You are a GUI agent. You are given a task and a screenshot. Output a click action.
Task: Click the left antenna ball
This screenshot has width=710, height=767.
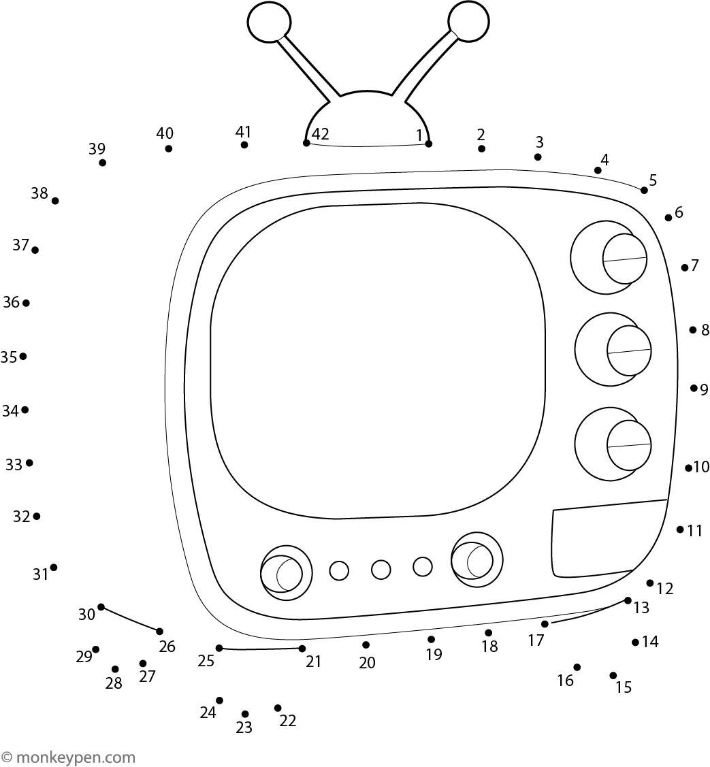click(x=269, y=22)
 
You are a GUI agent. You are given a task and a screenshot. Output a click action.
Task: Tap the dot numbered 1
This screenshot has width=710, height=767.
click(x=429, y=144)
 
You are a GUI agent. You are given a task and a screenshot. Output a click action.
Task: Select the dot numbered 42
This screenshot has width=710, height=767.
click(x=306, y=143)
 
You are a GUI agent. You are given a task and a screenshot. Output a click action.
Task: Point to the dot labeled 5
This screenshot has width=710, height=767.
click(x=644, y=191)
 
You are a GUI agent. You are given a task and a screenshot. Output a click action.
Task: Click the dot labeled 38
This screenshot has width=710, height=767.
click(x=55, y=201)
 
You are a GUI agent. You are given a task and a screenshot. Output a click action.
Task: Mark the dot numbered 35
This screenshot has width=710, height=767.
click(x=23, y=356)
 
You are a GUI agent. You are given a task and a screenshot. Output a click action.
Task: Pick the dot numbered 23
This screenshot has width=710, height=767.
click(x=245, y=714)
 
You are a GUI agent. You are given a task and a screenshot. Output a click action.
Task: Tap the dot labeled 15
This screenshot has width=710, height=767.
click(x=613, y=676)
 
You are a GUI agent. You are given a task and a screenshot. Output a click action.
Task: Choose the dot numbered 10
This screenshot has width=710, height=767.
click(x=688, y=468)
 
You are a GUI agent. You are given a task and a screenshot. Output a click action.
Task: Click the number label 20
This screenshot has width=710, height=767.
click(x=367, y=663)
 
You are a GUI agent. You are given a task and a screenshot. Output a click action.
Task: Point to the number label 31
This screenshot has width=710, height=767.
click(x=41, y=574)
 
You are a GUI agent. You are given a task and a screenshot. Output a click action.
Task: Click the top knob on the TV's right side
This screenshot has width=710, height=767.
click(x=609, y=258)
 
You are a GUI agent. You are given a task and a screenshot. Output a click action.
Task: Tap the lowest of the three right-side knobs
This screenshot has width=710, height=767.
click(x=613, y=444)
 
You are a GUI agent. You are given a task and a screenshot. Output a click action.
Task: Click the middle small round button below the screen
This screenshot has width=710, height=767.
click(x=381, y=570)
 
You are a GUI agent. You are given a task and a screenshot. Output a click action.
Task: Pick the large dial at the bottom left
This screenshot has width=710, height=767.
click(x=287, y=573)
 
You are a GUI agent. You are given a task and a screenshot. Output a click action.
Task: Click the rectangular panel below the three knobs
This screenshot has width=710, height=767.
click(x=609, y=538)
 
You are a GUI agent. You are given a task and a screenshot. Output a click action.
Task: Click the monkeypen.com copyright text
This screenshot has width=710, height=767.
click(x=68, y=757)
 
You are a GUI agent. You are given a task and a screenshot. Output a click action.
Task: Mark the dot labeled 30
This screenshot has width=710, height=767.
click(x=101, y=607)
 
